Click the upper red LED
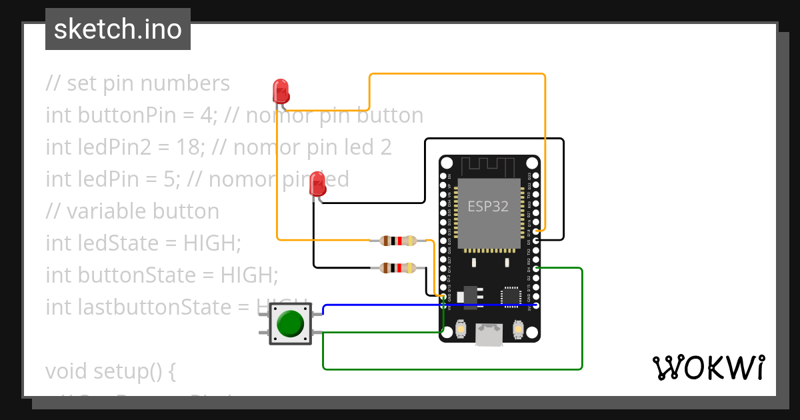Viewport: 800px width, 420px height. (x=281, y=90)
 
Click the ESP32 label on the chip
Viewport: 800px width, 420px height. (x=488, y=207)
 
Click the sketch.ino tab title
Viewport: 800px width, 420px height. (x=118, y=29)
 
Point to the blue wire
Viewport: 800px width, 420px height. (x=427, y=305)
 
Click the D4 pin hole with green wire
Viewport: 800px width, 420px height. (x=537, y=268)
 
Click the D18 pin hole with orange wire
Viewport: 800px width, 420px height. (x=537, y=231)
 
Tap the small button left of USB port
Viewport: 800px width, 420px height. (x=461, y=329)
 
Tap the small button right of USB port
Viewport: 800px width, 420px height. (x=519, y=329)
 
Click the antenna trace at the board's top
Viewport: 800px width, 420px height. (x=489, y=166)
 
